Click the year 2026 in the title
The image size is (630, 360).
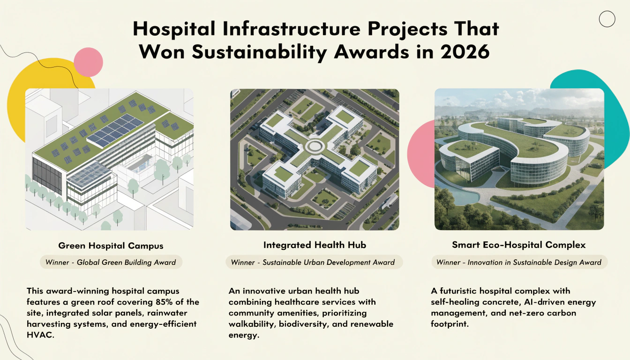tap(465, 52)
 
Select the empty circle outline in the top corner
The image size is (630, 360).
tap(607, 19)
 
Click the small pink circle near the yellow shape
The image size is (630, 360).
tap(88, 62)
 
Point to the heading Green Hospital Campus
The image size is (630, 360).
tap(111, 246)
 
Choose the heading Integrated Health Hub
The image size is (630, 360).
tap(315, 245)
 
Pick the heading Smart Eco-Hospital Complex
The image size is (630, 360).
tap(519, 245)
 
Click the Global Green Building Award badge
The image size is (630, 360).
tap(111, 262)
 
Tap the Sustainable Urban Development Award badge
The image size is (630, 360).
tap(314, 262)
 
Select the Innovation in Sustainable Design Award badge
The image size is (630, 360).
tap(519, 262)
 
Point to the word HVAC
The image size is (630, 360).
tap(40, 335)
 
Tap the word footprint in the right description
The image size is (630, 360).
tap(450, 324)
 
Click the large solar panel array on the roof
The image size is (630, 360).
tap(116, 130)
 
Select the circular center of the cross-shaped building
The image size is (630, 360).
tap(315, 146)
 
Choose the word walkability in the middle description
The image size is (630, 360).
tap(252, 324)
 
